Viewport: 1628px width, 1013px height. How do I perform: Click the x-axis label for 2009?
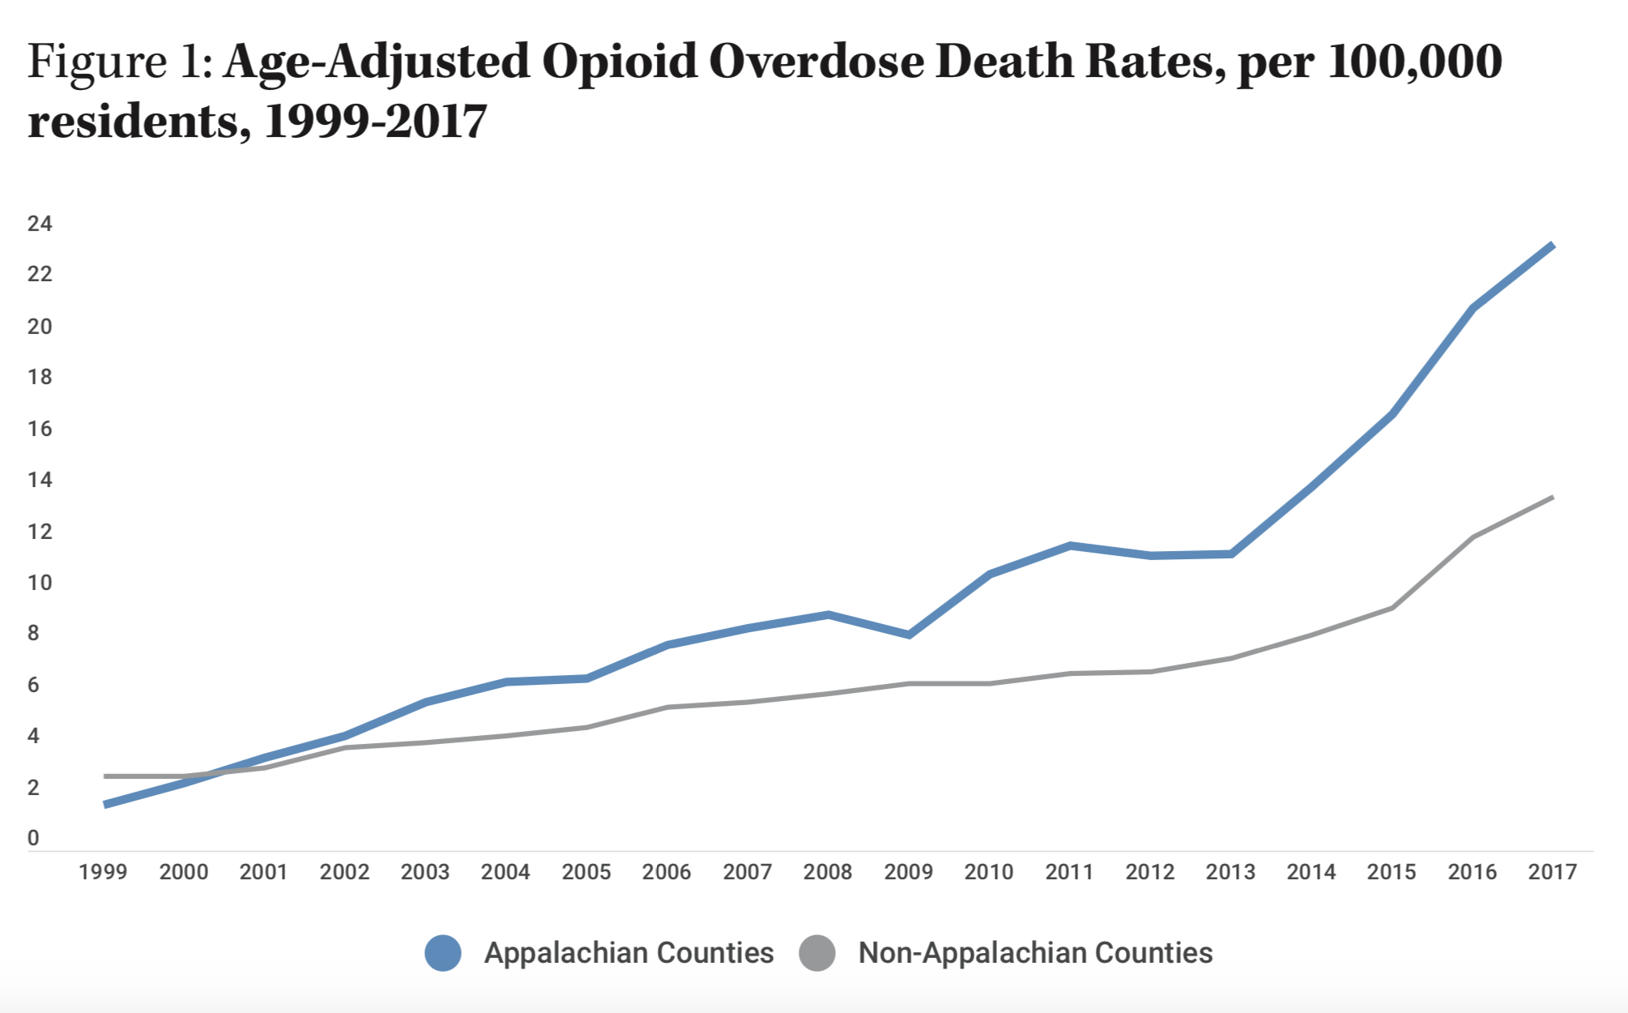tap(908, 872)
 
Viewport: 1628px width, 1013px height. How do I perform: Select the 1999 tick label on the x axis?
tap(103, 872)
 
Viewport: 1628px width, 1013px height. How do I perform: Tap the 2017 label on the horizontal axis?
tap(1552, 872)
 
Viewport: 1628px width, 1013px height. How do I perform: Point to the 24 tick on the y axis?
tap(40, 224)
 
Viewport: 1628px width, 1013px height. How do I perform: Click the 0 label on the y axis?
tap(33, 838)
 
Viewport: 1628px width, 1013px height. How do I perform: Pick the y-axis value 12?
tap(40, 532)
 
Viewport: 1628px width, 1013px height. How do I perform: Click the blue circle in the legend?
tap(443, 953)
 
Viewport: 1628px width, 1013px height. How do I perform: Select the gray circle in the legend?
tap(816, 953)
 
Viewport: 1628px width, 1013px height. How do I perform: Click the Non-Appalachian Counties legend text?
tap(1035, 953)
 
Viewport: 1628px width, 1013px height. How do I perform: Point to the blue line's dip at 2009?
tap(909, 635)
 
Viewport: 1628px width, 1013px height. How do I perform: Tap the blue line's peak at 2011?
tap(1070, 545)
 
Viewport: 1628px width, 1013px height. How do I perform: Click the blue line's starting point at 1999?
tap(105, 805)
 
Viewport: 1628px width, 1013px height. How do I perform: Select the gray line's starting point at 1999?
tap(105, 776)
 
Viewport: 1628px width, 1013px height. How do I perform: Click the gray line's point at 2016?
tap(1472, 537)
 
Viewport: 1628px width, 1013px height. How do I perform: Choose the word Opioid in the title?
tap(620, 62)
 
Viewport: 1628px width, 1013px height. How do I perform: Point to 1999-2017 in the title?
tap(375, 122)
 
